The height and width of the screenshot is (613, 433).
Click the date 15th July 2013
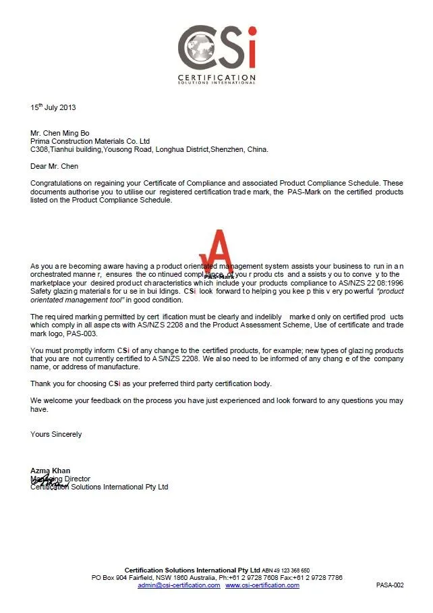53,107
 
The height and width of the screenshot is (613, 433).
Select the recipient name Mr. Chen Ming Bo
60,133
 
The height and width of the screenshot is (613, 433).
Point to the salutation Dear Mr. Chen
55,166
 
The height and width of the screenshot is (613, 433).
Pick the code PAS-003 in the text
81,334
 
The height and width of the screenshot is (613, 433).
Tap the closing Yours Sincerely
56,434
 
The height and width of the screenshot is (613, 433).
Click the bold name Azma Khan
50,471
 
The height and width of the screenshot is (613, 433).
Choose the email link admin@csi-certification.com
179,585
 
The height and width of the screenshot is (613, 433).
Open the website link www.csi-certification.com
262,585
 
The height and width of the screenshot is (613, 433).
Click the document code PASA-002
390,585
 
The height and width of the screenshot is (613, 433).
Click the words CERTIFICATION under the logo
216,78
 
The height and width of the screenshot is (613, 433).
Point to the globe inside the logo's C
200,48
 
